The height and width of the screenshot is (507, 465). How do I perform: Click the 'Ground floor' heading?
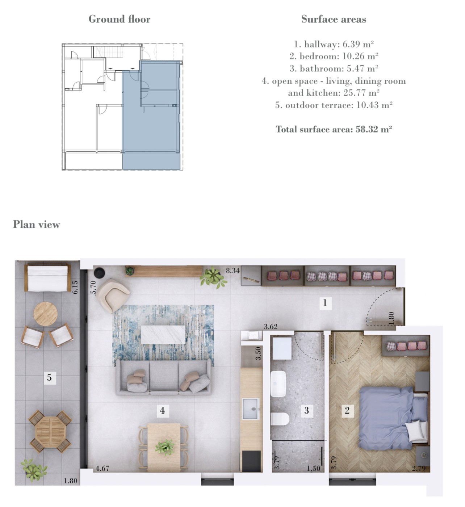tap(120, 19)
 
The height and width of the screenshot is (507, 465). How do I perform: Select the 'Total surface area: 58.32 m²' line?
tap(334, 129)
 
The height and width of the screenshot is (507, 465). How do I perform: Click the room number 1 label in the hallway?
tap(325, 302)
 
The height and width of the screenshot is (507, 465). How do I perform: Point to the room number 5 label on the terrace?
tap(50, 377)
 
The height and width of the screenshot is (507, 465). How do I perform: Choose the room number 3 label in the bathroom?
tap(307, 410)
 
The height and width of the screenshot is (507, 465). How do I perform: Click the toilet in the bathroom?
tap(280, 419)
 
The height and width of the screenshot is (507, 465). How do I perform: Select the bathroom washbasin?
tap(278, 384)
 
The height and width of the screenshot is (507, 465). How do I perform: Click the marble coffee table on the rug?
tap(163, 334)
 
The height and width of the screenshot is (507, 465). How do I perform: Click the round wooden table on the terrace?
tap(46, 314)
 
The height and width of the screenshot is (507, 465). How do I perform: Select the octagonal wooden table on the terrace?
tap(50, 432)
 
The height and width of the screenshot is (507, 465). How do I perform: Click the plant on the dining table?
tap(165, 448)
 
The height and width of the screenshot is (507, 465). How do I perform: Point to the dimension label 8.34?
tap(232, 271)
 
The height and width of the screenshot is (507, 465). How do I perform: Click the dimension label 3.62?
tap(271, 327)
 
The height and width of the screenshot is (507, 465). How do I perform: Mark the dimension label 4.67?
tap(102, 468)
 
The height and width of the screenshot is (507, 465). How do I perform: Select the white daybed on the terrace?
tap(47, 277)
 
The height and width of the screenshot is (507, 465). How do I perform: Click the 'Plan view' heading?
tap(37, 225)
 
